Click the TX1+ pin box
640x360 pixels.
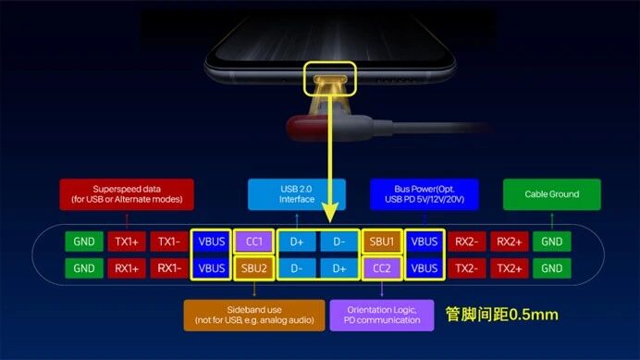[x=126, y=242]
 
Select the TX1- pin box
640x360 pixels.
[x=168, y=242]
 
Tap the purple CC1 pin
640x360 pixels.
[x=254, y=242]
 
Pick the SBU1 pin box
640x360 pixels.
[x=381, y=242]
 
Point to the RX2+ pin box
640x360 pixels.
[x=509, y=242]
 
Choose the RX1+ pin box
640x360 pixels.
[x=126, y=268]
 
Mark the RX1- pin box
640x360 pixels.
[x=168, y=268]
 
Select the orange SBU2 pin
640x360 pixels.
[x=254, y=268]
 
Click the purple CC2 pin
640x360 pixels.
[x=381, y=268]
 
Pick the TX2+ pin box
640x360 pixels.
[x=509, y=268]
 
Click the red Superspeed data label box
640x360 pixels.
[x=127, y=194]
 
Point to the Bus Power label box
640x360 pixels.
[x=424, y=194]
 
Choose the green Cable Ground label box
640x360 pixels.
[x=551, y=194]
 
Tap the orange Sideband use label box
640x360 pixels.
[x=253, y=316]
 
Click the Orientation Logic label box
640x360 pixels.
[x=381, y=316]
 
